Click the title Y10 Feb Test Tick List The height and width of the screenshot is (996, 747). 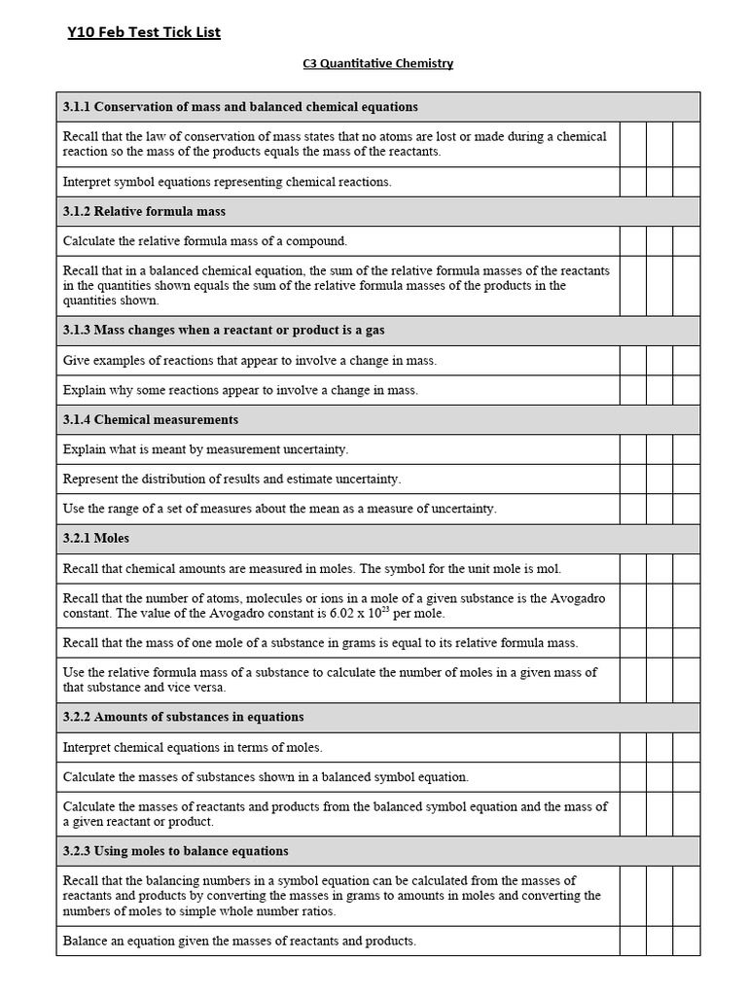[x=144, y=32]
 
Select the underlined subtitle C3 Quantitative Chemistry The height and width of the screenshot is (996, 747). [x=377, y=63]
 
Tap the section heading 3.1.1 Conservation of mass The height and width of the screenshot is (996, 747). [x=240, y=106]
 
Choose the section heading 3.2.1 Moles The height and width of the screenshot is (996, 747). [x=96, y=538]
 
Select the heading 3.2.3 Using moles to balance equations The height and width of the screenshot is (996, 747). [x=175, y=850]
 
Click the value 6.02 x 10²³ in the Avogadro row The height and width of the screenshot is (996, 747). [x=361, y=613]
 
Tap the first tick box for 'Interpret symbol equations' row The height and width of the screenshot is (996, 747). [x=633, y=182]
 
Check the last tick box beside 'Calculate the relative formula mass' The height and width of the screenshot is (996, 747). [x=687, y=240]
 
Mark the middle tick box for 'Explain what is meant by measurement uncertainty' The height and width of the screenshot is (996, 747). [x=659, y=449]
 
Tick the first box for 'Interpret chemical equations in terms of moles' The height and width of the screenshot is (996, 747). [x=633, y=747]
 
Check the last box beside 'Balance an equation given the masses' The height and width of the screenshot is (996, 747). [x=687, y=941]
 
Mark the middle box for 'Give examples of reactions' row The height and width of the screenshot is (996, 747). [x=659, y=360]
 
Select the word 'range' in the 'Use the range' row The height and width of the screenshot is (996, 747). [x=126, y=508]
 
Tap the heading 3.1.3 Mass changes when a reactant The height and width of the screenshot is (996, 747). [x=224, y=330]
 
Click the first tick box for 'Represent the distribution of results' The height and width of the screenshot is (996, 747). [x=633, y=479]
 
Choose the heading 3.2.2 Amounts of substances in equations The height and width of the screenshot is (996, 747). [x=183, y=717]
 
